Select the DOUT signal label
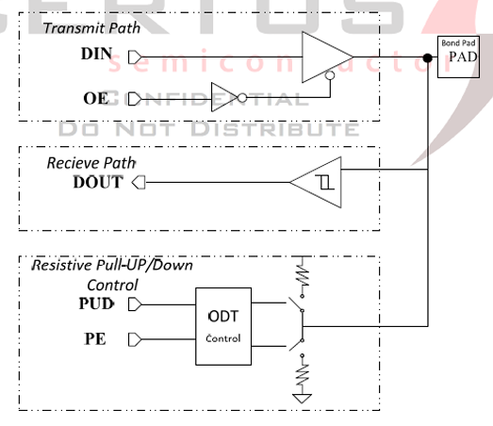pos(98,182)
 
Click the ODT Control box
pos(223,325)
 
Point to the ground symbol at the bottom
pos(303,398)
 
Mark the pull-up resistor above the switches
pos(303,274)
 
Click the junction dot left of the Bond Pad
pos(429,59)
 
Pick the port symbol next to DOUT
pos(139,182)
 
